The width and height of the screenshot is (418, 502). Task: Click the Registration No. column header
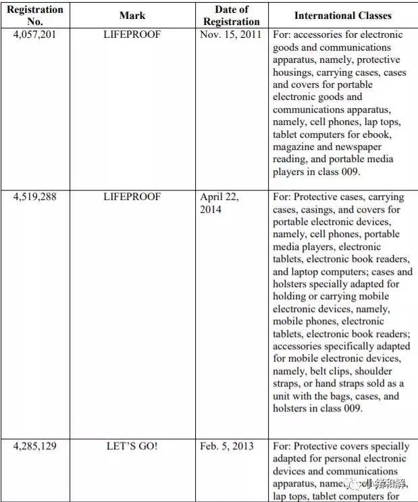(x=34, y=16)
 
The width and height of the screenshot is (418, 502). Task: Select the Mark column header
(x=132, y=16)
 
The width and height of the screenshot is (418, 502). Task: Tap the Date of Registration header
(x=232, y=16)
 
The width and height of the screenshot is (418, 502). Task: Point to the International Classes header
(x=342, y=16)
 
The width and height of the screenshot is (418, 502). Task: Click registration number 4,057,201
(x=34, y=34)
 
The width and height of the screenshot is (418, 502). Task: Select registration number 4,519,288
(x=34, y=197)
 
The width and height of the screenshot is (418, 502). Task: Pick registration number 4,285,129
(x=34, y=447)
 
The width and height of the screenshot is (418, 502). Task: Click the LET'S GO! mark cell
(x=132, y=447)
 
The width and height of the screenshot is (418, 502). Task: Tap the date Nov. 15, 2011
(x=232, y=34)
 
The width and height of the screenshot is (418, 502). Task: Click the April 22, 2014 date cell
(x=219, y=203)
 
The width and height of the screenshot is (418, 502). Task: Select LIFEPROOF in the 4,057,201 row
(x=132, y=34)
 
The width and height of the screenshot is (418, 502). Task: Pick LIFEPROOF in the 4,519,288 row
(x=132, y=197)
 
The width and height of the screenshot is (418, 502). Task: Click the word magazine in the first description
(x=295, y=147)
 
